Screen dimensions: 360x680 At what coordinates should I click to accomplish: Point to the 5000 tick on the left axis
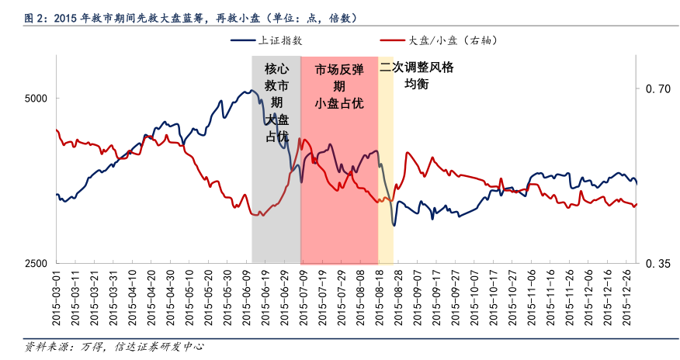(36, 99)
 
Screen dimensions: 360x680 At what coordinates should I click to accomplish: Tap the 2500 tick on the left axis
(36, 264)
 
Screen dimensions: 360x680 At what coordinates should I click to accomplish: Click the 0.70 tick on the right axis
(658, 89)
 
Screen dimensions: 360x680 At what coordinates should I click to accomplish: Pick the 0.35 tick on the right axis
(658, 265)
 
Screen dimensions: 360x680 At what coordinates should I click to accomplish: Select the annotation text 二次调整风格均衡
(417, 75)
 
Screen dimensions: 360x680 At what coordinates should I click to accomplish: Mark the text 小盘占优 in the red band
(339, 103)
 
